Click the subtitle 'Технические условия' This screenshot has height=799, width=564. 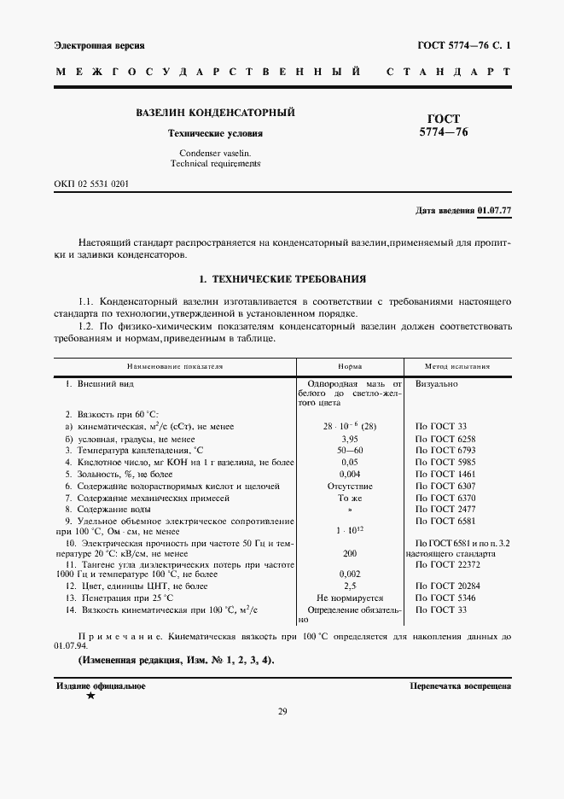click(215, 134)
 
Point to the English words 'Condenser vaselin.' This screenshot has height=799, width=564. click(215, 152)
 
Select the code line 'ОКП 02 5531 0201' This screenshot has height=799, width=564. click(92, 184)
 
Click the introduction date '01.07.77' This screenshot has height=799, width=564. click(494, 210)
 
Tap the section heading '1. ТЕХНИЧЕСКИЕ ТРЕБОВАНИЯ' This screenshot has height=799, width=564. click(282, 279)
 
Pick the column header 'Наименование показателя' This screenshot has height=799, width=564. click(175, 366)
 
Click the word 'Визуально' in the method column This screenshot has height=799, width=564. click(437, 384)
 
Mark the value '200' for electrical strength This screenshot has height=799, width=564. click(349, 553)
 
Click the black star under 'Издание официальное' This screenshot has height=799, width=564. click(90, 697)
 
